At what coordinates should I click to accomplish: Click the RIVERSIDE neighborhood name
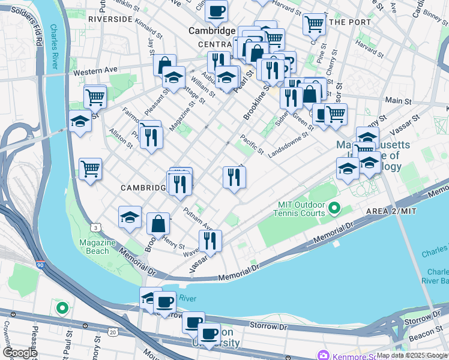[109, 19]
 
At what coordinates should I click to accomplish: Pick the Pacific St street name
[252, 144]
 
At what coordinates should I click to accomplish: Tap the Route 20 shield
[113, 332]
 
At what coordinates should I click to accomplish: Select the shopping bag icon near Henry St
[158, 224]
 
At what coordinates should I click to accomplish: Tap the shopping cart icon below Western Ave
[95, 96]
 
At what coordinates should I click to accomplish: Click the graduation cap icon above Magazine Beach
[129, 218]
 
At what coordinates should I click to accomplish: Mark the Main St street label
[394, 100]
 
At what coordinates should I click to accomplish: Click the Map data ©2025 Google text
[412, 355]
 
